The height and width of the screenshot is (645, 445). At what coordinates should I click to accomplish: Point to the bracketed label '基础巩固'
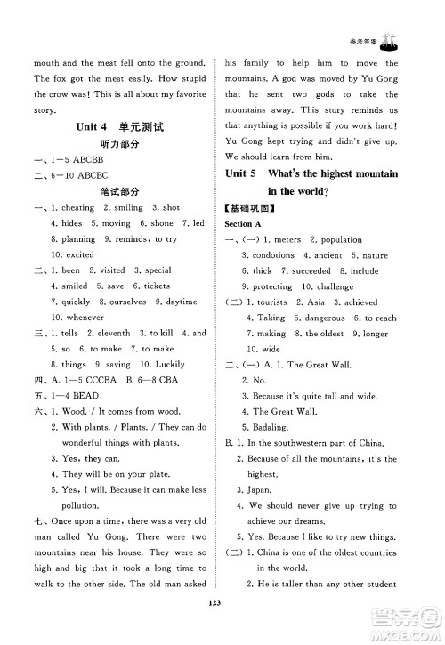tap(247, 207)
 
